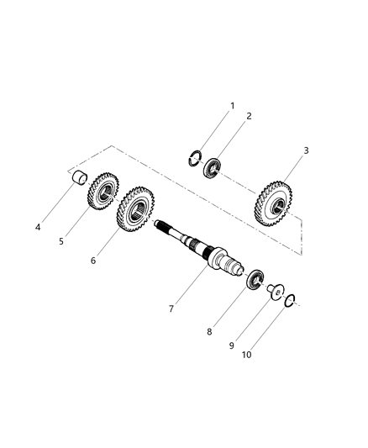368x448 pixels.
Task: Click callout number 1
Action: [x=233, y=106]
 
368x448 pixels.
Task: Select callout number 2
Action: [x=248, y=117]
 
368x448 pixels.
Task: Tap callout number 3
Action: [x=306, y=150]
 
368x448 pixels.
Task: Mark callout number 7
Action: [x=171, y=309]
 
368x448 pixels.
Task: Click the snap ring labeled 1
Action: [x=195, y=156]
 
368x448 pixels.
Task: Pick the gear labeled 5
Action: [x=103, y=194]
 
